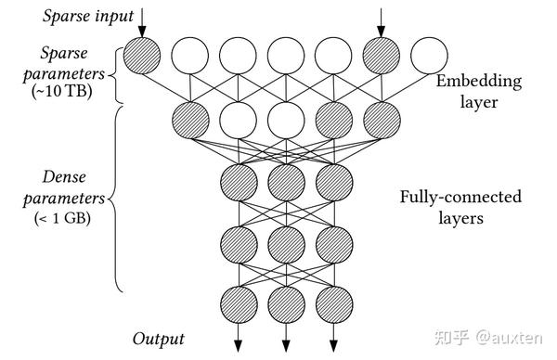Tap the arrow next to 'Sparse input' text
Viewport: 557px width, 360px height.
tap(143, 20)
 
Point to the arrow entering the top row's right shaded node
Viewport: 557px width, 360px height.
tap(381, 20)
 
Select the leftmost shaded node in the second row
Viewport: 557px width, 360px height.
tap(190, 119)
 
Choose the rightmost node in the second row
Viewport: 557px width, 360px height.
tap(381, 119)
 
